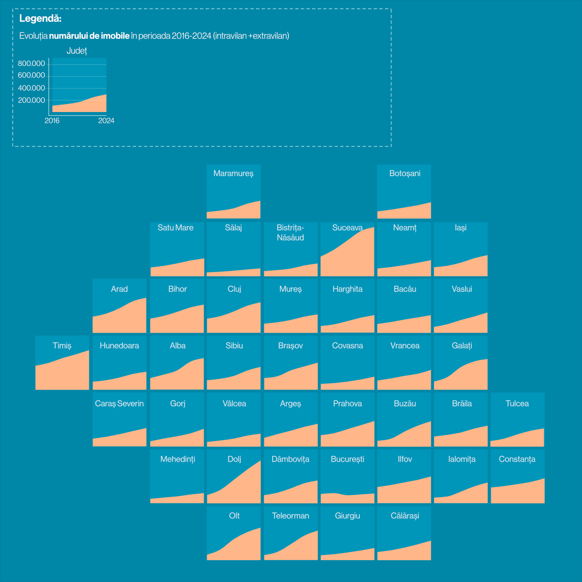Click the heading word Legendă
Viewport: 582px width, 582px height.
tap(40, 19)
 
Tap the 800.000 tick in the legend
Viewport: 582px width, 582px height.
tap(32, 64)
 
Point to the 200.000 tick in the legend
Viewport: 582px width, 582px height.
tap(32, 100)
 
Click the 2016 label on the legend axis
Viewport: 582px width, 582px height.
tap(52, 121)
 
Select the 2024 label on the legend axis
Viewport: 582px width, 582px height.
tap(106, 121)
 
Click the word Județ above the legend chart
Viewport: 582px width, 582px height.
tap(77, 51)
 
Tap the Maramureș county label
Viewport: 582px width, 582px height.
tap(233, 174)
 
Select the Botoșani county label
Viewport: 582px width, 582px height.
tap(404, 174)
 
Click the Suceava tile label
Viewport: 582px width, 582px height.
tap(347, 227)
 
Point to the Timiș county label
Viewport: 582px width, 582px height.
tap(62, 345)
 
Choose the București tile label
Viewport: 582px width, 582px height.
tap(347, 459)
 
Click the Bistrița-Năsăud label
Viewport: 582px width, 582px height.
tap(291, 233)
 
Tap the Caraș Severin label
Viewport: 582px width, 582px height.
tap(119, 404)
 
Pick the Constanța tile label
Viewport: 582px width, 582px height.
tap(517, 459)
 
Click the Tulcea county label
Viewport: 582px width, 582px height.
tap(517, 404)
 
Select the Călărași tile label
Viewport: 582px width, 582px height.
tap(404, 516)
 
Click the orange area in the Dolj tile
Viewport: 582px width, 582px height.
tap(242, 490)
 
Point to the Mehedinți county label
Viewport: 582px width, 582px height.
tap(178, 459)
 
